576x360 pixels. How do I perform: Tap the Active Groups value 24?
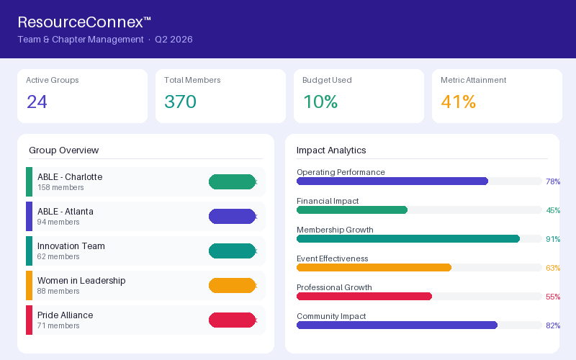[x=37, y=102]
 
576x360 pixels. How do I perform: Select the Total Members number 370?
[x=181, y=102]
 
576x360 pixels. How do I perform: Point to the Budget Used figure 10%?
[x=320, y=102]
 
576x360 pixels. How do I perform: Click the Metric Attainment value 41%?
[x=459, y=102]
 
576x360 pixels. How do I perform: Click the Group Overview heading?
[x=64, y=150]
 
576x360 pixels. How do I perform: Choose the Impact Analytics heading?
[x=331, y=150]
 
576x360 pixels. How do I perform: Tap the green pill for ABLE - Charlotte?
[x=232, y=182]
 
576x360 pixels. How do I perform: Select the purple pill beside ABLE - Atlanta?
[x=232, y=217]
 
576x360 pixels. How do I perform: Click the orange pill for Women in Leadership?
[x=232, y=285]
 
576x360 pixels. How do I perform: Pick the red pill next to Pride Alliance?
[x=232, y=320]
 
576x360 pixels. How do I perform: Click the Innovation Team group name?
[x=71, y=246]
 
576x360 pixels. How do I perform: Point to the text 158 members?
[x=60, y=187]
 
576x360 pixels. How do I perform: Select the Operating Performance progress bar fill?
[x=392, y=181]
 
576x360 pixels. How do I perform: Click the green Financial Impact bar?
[x=352, y=210]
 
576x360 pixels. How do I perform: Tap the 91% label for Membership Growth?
[x=553, y=239]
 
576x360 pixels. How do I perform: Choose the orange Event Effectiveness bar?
[x=374, y=267]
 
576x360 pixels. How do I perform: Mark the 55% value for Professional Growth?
[x=553, y=297]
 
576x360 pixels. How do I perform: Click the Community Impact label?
[x=331, y=316]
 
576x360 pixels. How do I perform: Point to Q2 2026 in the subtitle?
[x=174, y=40]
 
